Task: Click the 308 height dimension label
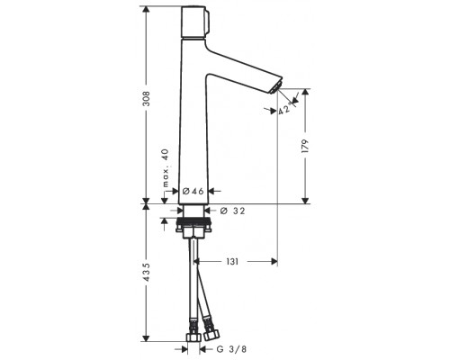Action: coord(146,99)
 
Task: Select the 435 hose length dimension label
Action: coord(146,272)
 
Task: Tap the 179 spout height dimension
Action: coord(305,146)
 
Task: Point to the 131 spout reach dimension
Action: coord(232,262)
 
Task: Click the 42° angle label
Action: coord(283,110)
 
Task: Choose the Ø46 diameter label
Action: coord(193,191)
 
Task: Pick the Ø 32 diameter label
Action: coord(232,211)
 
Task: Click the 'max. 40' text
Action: coord(166,168)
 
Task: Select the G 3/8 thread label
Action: coord(231,349)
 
